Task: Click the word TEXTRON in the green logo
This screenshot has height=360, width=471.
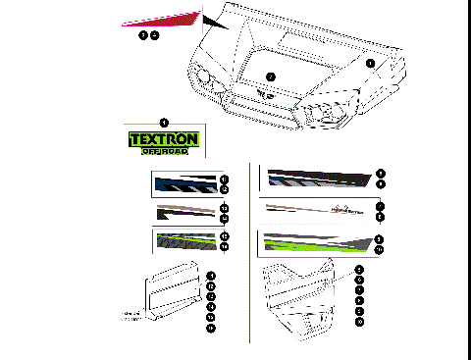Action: pos(164,139)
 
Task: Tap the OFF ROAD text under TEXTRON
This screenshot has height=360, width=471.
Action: pos(164,151)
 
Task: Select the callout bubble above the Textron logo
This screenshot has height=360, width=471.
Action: pos(163,122)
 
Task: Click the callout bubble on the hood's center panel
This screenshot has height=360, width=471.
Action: pos(271,77)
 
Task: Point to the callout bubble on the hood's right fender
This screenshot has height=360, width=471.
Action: pos(370,62)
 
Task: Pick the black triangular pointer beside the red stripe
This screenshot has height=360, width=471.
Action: pos(215,21)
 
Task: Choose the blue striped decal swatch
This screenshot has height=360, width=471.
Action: pos(185,183)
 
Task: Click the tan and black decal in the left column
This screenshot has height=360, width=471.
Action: pos(185,212)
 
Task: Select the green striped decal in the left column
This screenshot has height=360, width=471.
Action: pos(185,241)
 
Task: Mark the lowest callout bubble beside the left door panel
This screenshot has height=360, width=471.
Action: pos(211,329)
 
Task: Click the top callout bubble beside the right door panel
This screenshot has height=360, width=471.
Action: pos(360,269)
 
